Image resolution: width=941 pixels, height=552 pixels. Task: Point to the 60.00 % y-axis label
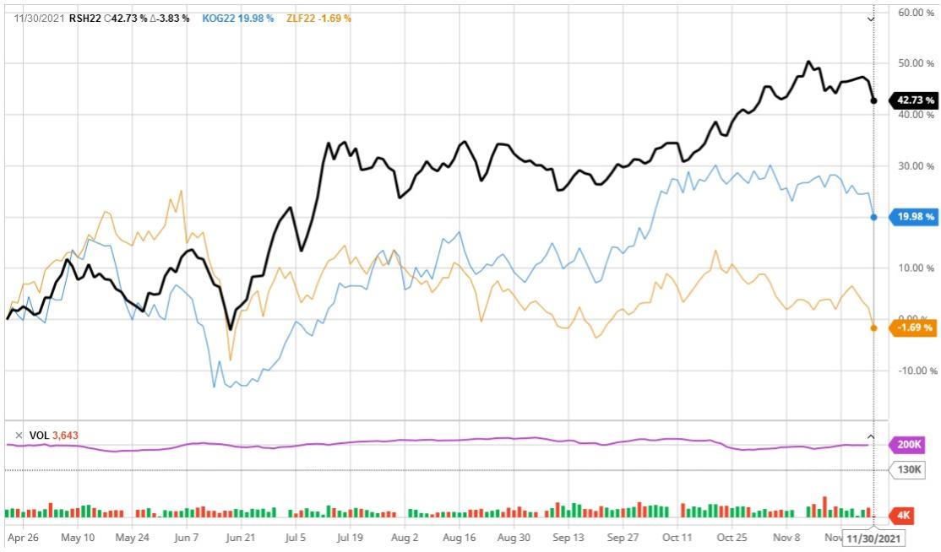point(916,13)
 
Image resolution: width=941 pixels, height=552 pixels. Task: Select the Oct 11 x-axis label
point(677,536)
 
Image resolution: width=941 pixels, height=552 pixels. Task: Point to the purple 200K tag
point(911,443)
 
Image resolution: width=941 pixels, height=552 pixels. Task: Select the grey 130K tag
point(910,469)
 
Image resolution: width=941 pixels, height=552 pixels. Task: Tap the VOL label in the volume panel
point(39,436)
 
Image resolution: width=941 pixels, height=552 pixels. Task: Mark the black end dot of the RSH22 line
point(873,100)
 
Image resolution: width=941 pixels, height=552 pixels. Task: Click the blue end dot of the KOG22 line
point(873,218)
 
